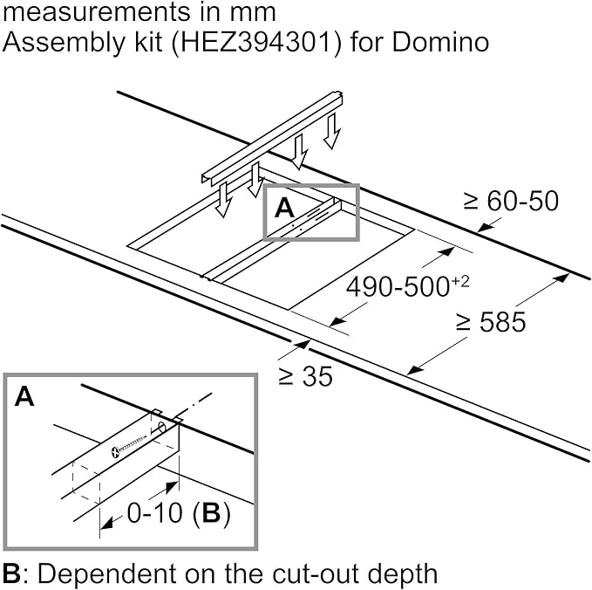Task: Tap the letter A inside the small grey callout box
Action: pos(285,209)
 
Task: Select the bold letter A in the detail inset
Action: pos(25,398)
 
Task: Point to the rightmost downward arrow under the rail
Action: pos(331,132)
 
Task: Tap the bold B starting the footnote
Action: pos(11,574)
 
